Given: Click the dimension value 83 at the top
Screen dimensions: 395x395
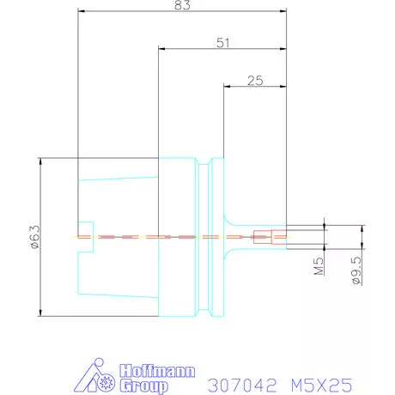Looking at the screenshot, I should pyautogui.click(x=181, y=5).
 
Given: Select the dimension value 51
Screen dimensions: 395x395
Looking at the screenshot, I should pyautogui.click(x=222, y=43).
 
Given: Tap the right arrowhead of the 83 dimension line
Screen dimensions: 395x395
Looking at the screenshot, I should pyautogui.click(x=282, y=12).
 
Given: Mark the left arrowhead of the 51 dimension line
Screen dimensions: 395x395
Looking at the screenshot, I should pyautogui.click(x=161, y=49).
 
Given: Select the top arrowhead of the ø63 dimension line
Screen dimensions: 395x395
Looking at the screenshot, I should pyautogui.click(x=40, y=161).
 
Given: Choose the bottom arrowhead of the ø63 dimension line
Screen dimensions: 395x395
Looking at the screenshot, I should pyautogui.click(x=40, y=313).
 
